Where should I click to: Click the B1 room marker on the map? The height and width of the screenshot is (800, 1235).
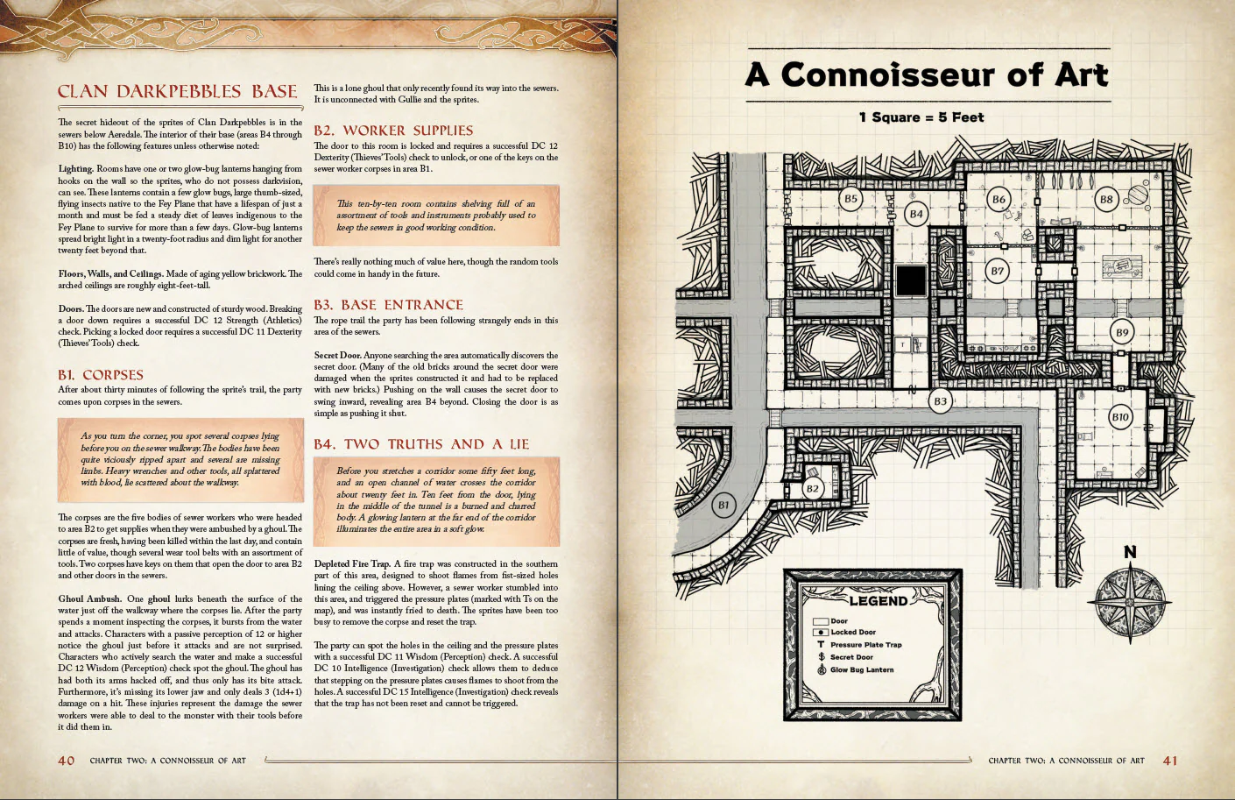723,505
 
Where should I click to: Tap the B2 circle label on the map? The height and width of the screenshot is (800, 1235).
813,488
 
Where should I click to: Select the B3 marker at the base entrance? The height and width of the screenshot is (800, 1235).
940,401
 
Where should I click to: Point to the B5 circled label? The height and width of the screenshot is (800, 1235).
850,199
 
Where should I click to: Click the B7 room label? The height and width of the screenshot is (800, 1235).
997,271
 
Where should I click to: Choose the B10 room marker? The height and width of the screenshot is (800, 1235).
1120,417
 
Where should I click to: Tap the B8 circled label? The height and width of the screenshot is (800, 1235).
1106,200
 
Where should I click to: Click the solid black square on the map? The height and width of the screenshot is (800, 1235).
911,282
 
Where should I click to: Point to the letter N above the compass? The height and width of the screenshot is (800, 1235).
1130,552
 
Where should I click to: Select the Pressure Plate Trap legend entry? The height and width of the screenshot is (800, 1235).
865,644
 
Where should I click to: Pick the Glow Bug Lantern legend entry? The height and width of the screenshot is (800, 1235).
861,669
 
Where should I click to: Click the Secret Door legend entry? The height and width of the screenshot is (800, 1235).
851,656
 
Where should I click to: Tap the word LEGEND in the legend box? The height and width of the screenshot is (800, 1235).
878,601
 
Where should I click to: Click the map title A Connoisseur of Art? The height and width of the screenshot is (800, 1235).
927,74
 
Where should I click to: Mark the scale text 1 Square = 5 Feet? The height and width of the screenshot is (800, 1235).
921,117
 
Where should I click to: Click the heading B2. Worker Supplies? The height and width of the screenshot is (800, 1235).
393,131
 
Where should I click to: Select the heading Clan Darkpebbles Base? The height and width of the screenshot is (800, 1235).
178,92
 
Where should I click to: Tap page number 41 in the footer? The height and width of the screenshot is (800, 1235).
1170,760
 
